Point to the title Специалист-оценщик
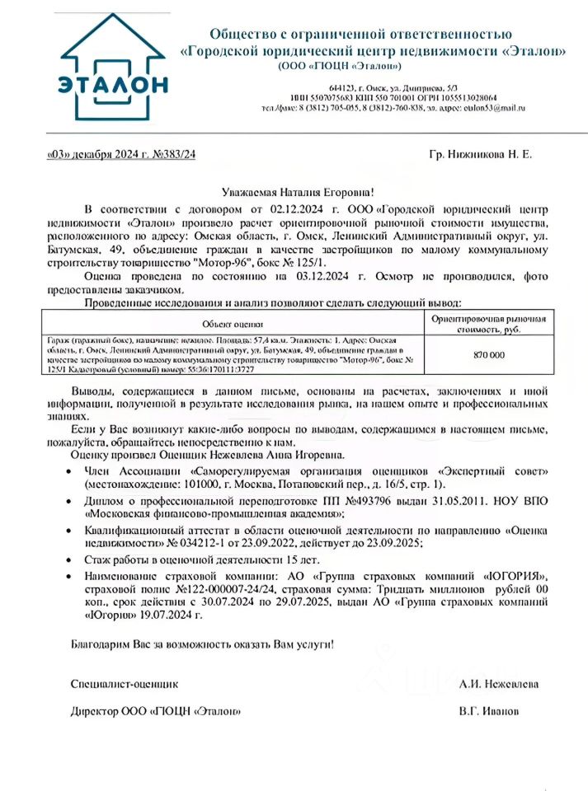click(x=125, y=684)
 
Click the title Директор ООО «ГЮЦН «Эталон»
click(x=156, y=710)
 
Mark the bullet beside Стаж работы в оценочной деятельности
click(x=68, y=559)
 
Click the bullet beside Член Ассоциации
click(x=68, y=470)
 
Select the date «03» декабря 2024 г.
click(x=92, y=154)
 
